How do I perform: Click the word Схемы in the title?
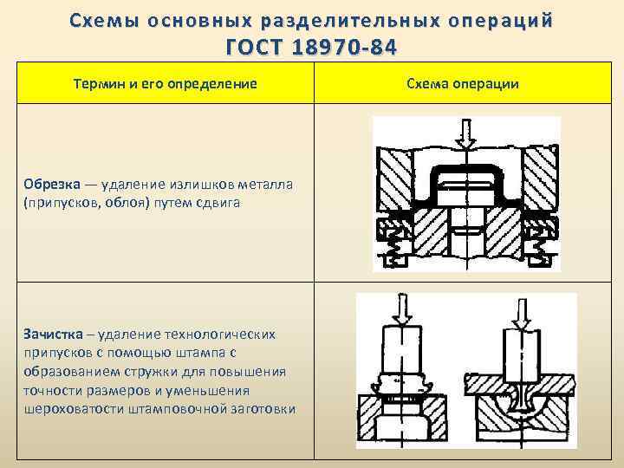pos(96,19)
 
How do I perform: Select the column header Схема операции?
pos(462,83)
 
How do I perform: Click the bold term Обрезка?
pos(52,185)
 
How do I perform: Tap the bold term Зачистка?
pos(54,334)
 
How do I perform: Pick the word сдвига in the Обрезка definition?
pos(222,202)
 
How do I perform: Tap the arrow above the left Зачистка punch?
pos(401,308)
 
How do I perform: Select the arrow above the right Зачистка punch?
pos(521,311)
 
